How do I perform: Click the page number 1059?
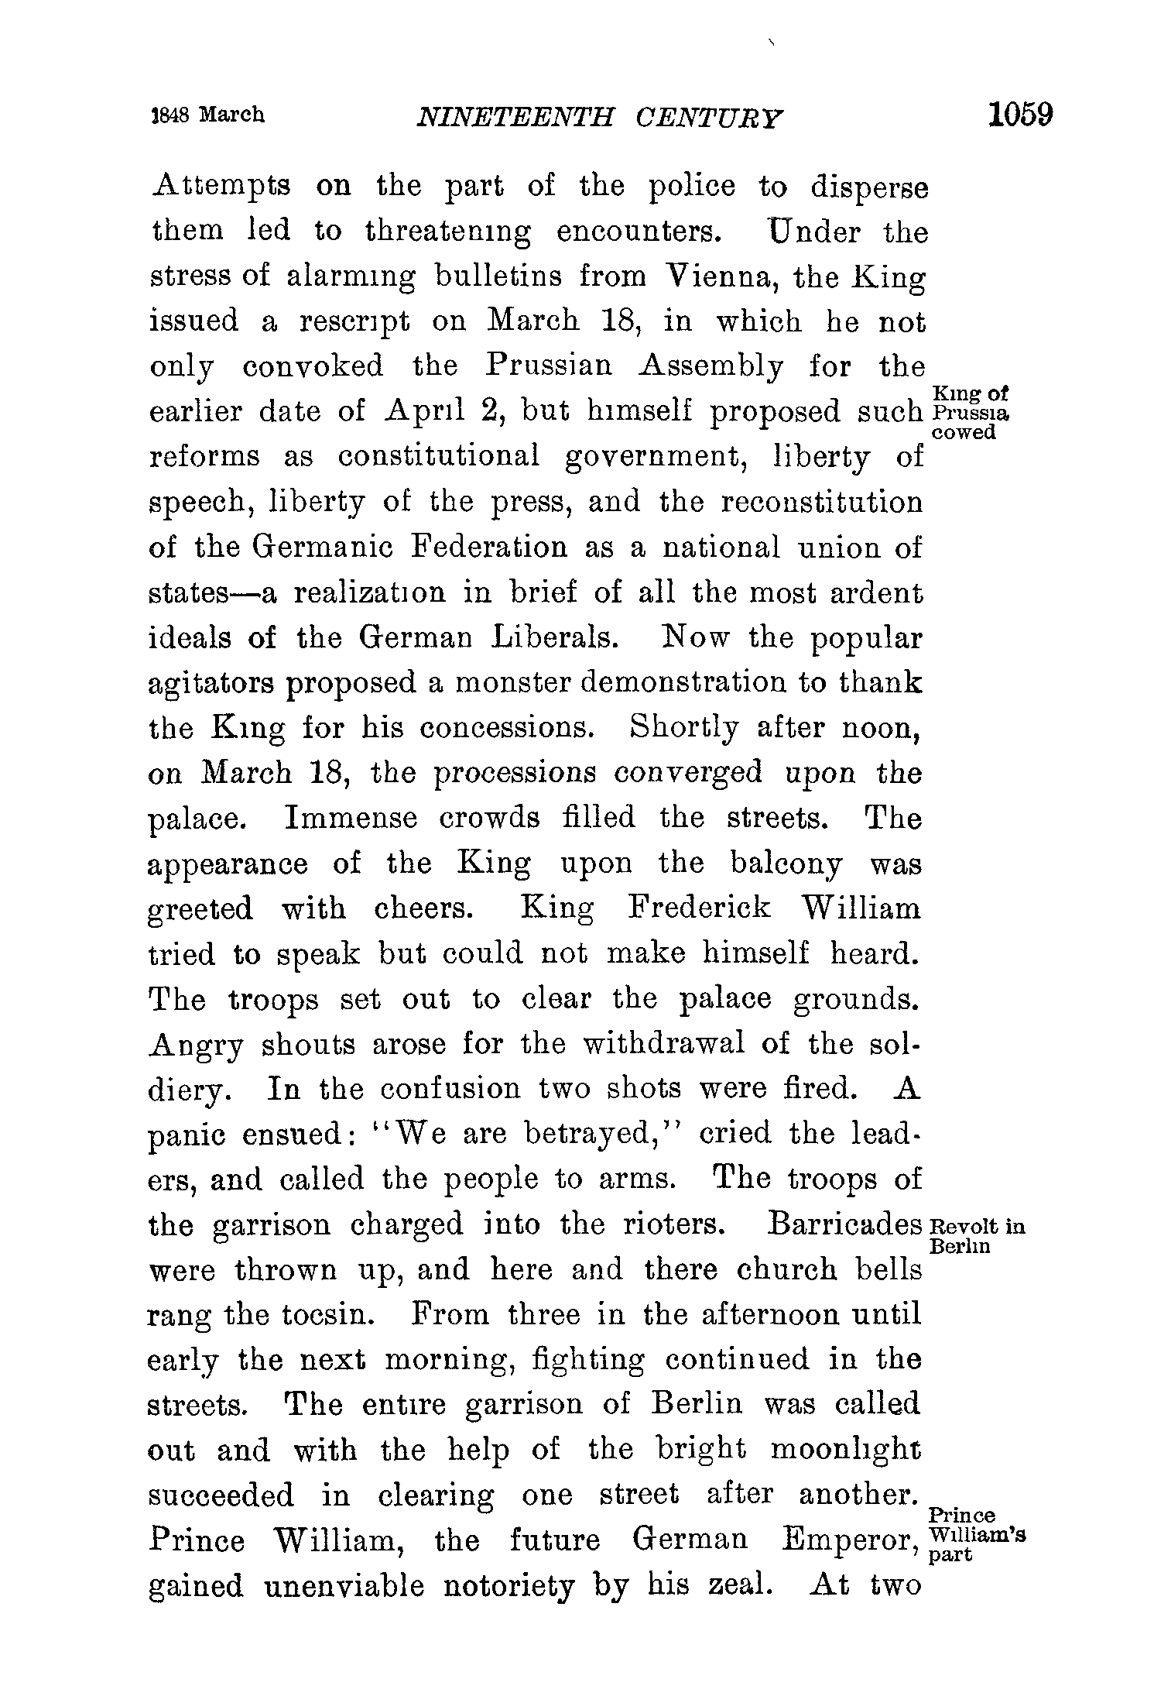(1019, 115)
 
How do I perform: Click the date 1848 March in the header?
(207, 115)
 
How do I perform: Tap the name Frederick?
(700, 908)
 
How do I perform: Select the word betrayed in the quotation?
(591, 1135)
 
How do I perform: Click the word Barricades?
(844, 1224)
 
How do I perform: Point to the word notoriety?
(509, 1586)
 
